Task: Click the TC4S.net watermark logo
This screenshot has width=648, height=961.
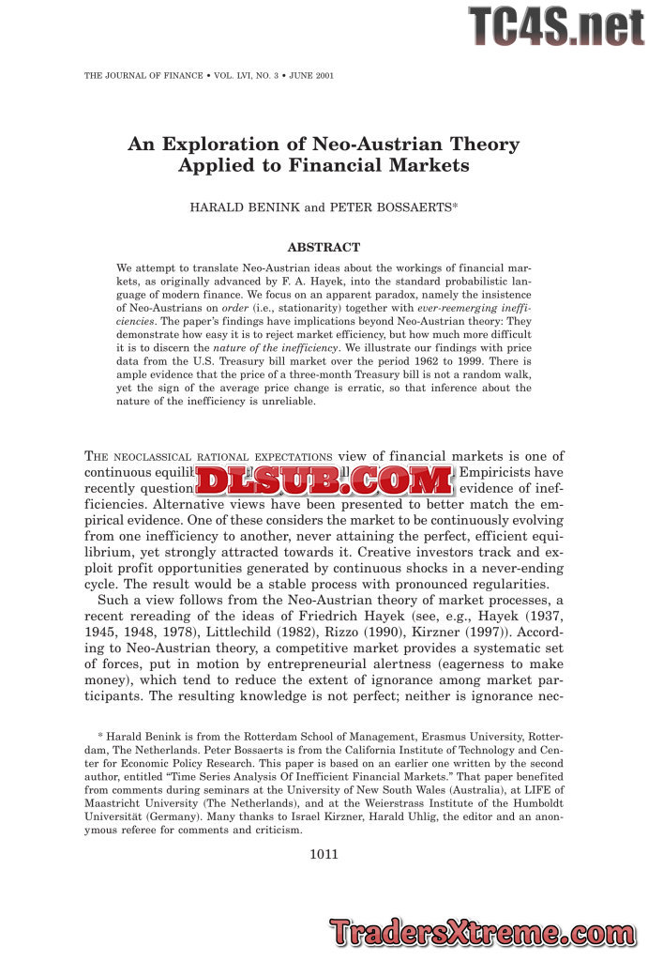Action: [x=556, y=26]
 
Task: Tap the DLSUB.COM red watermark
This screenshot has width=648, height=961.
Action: [x=324, y=481]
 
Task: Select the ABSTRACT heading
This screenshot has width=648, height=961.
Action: [x=324, y=248]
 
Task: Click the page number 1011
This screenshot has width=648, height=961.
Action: [x=324, y=854]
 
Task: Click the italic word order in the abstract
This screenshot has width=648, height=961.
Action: [x=234, y=307]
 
